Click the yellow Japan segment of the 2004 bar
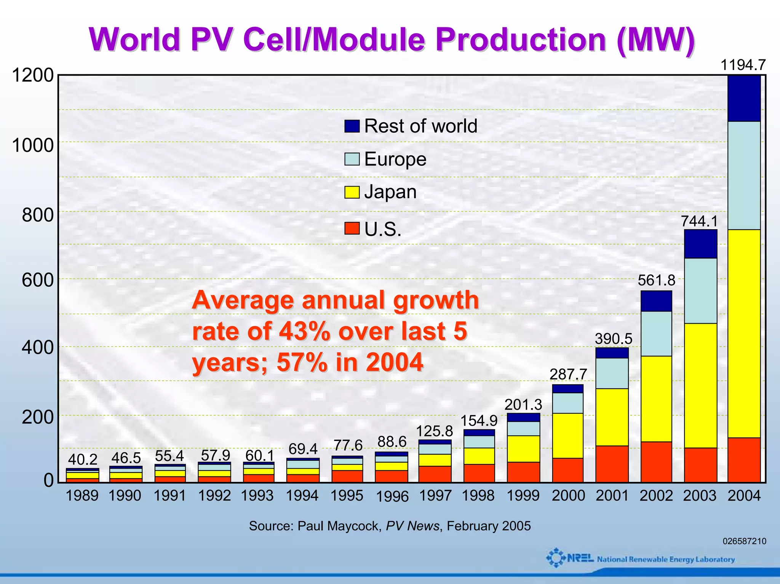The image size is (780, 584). (744, 333)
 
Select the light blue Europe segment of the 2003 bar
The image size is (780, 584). (700, 290)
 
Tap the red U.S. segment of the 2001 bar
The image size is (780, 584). (612, 464)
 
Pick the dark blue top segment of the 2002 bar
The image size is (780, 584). (656, 301)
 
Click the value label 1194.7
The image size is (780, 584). (743, 65)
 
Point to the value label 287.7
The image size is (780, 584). (568, 374)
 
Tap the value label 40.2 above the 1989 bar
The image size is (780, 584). (82, 460)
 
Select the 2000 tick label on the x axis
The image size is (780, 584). (568, 496)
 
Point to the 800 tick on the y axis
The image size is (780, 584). (38, 215)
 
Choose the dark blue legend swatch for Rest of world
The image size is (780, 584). (352, 126)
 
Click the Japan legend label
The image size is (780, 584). (390, 192)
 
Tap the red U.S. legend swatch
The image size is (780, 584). (352, 229)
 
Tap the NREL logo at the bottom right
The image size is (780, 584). (569, 558)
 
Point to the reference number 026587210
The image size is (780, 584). (744, 541)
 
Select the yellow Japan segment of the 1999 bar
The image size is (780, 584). (523, 448)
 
